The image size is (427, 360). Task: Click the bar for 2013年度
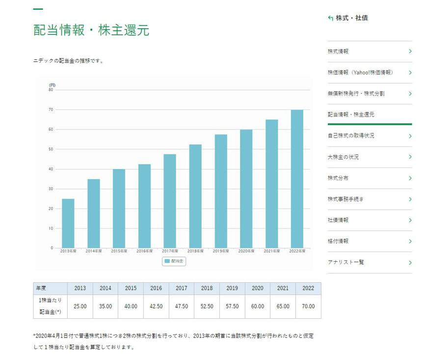pyautogui.click(x=68, y=223)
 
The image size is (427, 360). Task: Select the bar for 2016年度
pyautogui.click(x=144, y=206)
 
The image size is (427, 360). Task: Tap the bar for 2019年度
pyautogui.click(x=220, y=191)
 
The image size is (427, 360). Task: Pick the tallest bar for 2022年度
pyautogui.click(x=297, y=179)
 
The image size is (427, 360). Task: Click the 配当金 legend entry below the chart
pyautogui.click(x=174, y=262)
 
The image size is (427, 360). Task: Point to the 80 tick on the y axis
pyautogui.click(x=51, y=90)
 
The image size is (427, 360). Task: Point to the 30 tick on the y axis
pyautogui.click(x=51, y=189)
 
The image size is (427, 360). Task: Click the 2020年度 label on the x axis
pyautogui.click(x=246, y=251)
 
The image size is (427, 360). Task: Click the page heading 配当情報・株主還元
pyautogui.click(x=91, y=30)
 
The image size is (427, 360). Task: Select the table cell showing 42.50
pyautogui.click(x=156, y=306)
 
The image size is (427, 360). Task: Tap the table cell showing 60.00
pyautogui.click(x=257, y=306)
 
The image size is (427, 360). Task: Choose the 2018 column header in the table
pyautogui.click(x=207, y=288)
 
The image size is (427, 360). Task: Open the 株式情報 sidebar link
pyautogui.click(x=338, y=52)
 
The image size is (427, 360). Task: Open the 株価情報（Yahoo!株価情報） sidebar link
pyautogui.click(x=360, y=73)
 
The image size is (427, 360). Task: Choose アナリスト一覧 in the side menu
pyautogui.click(x=346, y=262)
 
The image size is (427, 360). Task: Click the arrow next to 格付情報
pyautogui.click(x=410, y=241)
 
